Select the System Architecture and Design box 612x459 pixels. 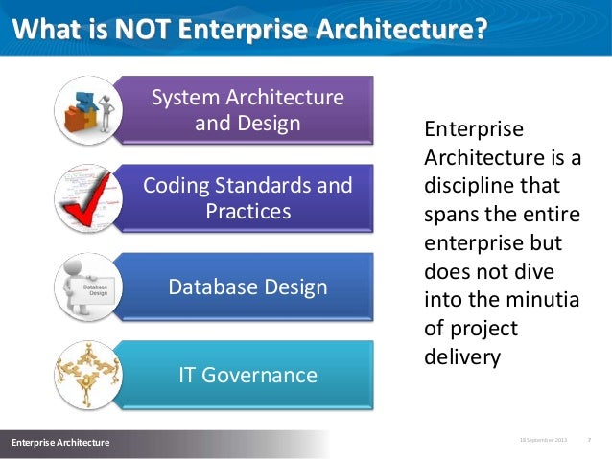click(247, 110)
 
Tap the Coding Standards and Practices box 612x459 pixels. click(247, 197)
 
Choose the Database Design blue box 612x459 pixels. click(247, 287)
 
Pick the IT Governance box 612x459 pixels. click(247, 375)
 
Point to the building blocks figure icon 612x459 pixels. click(87, 110)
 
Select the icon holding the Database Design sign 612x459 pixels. click(87, 287)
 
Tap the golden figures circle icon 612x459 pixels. click(87, 375)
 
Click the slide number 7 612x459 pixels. click(588, 440)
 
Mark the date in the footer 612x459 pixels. click(543, 440)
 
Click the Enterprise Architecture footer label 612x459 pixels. click(60, 442)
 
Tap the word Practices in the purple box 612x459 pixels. click(247, 211)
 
